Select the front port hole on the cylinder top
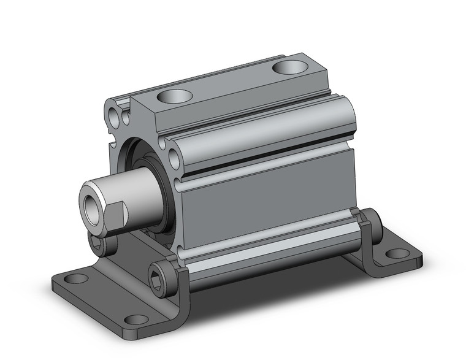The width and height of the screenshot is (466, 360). tap(175, 96)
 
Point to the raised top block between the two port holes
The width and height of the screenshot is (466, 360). tap(233, 86)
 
